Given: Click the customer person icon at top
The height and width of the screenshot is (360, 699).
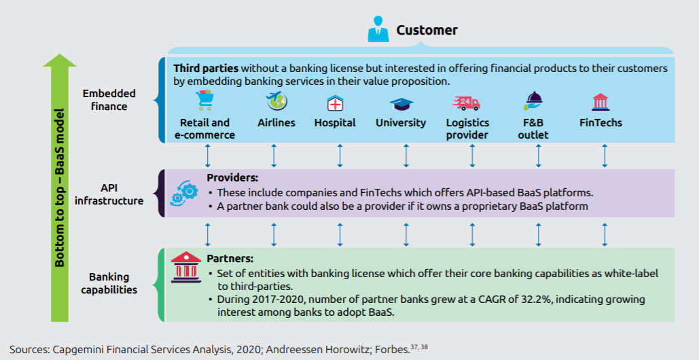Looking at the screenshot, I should point(378,31).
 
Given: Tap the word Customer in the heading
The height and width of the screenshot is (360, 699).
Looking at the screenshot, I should point(427,30).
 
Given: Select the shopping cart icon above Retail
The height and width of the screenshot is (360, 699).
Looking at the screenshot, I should point(204,102).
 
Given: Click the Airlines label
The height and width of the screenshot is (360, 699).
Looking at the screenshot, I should point(276,123).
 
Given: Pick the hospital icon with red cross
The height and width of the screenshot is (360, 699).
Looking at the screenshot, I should point(335,103).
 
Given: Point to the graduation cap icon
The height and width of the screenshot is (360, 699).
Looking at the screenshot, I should point(401,104).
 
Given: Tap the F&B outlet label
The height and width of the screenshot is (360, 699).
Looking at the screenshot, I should point(533,128).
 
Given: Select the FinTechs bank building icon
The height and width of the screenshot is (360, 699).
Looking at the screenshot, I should point(601,103).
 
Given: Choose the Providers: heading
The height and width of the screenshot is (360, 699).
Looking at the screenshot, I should point(230,178).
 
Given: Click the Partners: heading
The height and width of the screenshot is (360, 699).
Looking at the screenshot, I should point(230,259).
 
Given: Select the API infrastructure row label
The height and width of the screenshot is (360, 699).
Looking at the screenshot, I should point(109,194).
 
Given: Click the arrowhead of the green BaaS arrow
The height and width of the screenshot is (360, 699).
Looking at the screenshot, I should point(59,60).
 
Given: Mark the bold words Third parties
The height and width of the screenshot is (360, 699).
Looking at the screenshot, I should point(206,69).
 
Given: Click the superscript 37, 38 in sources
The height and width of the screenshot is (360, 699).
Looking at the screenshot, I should point(420,346).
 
